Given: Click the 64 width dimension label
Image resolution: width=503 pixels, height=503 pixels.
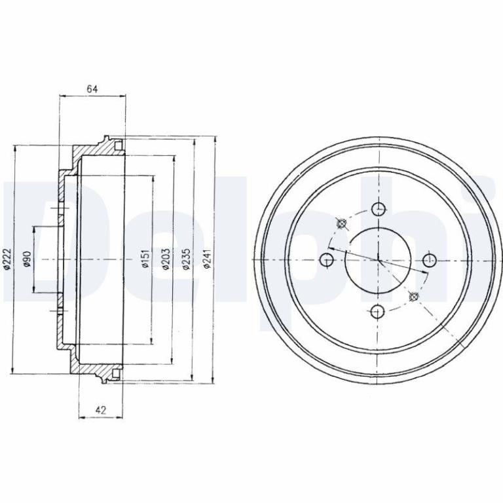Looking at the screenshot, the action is [92, 89].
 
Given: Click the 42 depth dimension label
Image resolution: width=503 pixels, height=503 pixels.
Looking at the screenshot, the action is [101, 410].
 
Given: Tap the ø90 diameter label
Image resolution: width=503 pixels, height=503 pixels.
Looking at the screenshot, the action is [27, 259].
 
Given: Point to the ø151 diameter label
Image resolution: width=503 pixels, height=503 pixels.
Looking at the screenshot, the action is [145, 259].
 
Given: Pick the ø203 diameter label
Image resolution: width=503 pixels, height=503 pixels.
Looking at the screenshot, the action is [166, 259].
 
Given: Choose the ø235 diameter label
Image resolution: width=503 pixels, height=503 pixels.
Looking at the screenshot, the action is [187, 259].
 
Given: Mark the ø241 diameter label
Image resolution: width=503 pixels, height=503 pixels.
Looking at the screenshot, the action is [207, 259].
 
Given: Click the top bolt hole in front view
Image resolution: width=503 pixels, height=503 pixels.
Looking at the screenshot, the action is [379, 209].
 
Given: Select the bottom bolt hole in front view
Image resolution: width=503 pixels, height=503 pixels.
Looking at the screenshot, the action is [377, 311].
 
